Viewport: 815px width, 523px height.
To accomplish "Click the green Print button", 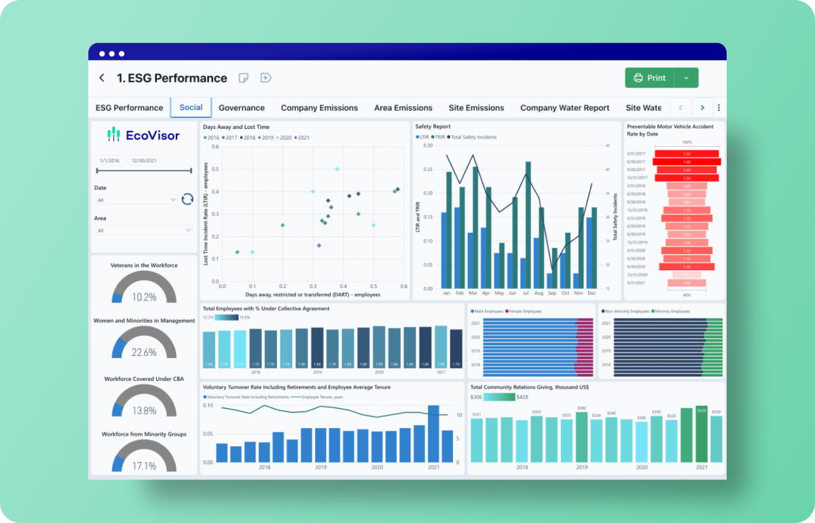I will [649, 78].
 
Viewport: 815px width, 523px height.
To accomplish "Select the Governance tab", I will [242, 108].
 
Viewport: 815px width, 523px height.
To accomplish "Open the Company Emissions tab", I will [319, 108].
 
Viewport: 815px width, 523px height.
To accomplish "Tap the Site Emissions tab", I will [476, 108].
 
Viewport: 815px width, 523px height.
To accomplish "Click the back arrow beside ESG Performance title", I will [102, 78].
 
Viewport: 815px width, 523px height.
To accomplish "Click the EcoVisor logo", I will [144, 135].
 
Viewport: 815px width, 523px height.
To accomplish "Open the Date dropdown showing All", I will [136, 200].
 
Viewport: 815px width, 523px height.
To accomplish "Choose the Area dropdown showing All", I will [143, 231].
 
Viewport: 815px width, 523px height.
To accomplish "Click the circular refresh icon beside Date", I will [187, 199].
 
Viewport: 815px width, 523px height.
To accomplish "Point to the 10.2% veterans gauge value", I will [144, 297].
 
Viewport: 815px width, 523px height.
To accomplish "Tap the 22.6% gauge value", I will [144, 353].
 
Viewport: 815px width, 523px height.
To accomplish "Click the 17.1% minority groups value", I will [144, 466].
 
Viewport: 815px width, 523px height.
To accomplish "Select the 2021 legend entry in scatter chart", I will [301, 138].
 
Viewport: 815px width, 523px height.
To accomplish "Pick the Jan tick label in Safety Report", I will [446, 293].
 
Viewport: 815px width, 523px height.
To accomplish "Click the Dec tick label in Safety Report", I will [591, 293].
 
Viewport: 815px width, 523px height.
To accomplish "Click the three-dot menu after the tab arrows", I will [719, 107].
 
